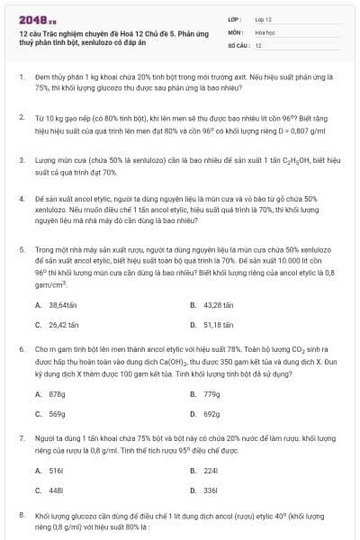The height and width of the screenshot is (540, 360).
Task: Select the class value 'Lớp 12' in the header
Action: point(265,18)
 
